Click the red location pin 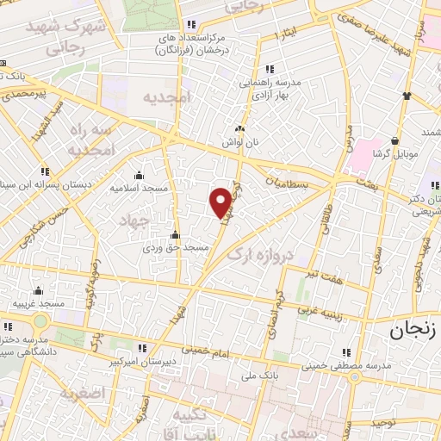click(221, 202)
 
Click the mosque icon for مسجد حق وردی click(176, 234)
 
